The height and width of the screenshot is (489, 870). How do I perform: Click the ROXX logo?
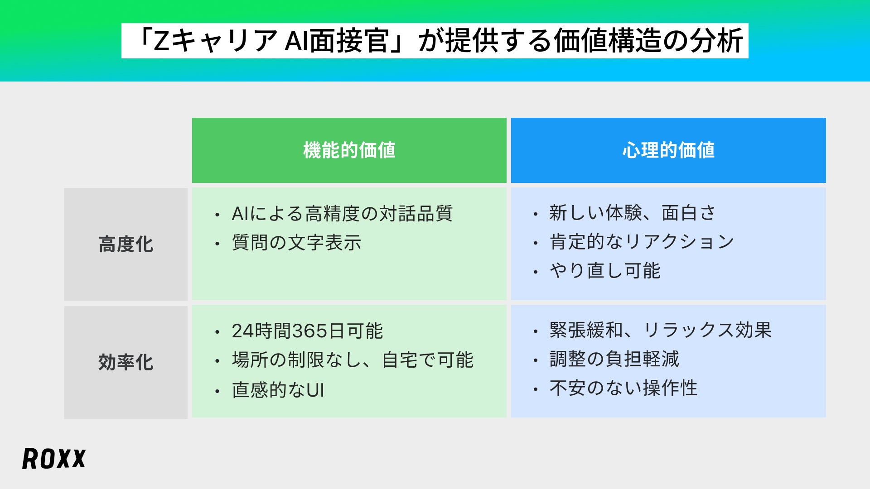tap(54, 459)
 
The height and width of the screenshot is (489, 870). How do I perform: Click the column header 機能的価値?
tap(349, 150)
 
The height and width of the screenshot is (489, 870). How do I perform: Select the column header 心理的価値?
tap(668, 150)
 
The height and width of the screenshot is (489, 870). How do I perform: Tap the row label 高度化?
tap(126, 244)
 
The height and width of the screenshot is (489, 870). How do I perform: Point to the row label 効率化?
tap(126, 362)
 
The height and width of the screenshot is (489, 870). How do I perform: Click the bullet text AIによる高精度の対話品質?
tap(342, 214)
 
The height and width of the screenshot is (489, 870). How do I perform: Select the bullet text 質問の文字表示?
tap(296, 243)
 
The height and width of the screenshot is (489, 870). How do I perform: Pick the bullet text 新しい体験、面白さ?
tap(633, 213)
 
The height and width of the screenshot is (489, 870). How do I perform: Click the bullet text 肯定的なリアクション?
tap(642, 242)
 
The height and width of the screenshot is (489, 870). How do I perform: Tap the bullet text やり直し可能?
tap(605, 271)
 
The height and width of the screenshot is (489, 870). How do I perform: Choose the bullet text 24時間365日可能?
tap(307, 331)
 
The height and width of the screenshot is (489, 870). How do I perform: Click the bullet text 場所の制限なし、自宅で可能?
tap(353, 360)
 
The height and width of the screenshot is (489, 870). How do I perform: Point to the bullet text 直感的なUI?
tap(278, 390)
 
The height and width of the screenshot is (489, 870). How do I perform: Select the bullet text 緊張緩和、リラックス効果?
tap(661, 330)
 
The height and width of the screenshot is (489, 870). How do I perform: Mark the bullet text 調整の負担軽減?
tap(614, 359)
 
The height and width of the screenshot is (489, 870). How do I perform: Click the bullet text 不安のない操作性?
tap(623, 388)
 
